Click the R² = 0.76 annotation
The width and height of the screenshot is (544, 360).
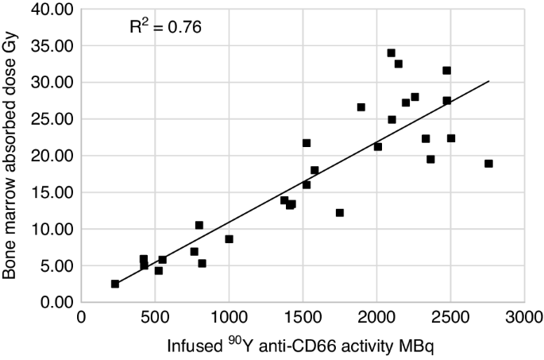(x=165, y=27)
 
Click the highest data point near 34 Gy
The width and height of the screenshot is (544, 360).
(x=391, y=53)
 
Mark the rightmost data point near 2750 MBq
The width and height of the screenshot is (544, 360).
(x=488, y=164)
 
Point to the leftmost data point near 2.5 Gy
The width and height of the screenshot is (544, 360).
(x=115, y=284)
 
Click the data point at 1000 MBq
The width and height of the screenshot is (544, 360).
(x=229, y=238)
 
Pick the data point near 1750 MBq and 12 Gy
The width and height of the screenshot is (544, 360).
(x=340, y=213)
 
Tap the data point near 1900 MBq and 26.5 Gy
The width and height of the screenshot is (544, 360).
(x=361, y=107)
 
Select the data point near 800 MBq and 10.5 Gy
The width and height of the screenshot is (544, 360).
(x=199, y=225)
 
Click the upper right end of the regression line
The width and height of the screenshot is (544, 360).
(x=488, y=81)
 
